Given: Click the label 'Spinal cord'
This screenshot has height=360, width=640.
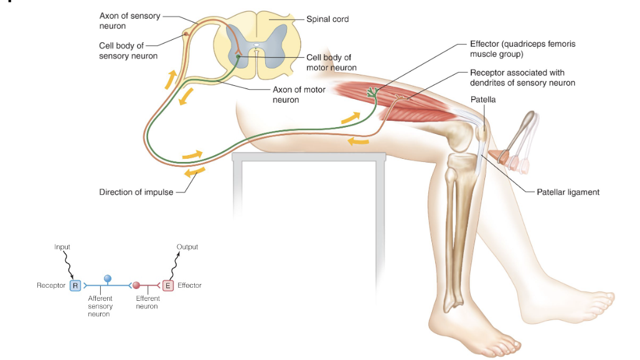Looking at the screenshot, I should point(327,19).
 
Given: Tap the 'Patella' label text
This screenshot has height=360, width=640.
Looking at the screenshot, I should point(483,99).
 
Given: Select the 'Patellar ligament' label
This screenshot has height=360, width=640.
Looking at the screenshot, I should point(568,192).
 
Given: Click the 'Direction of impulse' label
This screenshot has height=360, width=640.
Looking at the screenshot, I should point(135,192).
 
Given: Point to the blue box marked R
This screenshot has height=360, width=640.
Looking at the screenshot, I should point(75,286).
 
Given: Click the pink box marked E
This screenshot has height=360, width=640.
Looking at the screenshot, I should point(167,286).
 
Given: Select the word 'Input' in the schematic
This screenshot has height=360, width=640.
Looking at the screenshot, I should point(62,247).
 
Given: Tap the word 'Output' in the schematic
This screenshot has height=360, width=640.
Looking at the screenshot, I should point(187,247).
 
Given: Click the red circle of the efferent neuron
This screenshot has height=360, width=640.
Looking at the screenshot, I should point(137,286).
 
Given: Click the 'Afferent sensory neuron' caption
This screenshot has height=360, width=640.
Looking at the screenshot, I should point(100,306).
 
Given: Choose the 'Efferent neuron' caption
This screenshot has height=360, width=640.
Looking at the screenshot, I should point(148,303).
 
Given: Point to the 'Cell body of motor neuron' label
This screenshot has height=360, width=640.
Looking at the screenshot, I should point(331,62).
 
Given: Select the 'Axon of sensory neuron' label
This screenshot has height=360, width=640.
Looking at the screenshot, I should point(129,21).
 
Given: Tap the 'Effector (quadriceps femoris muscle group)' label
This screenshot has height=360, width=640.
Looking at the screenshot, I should point(522,49).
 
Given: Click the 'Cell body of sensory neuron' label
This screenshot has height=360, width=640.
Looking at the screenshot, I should point(128,50).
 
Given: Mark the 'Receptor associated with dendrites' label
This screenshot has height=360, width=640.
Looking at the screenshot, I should point(522,78).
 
